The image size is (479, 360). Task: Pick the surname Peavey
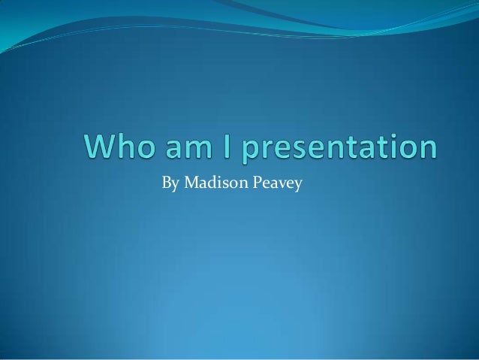278,183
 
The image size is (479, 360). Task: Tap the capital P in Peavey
259,182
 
